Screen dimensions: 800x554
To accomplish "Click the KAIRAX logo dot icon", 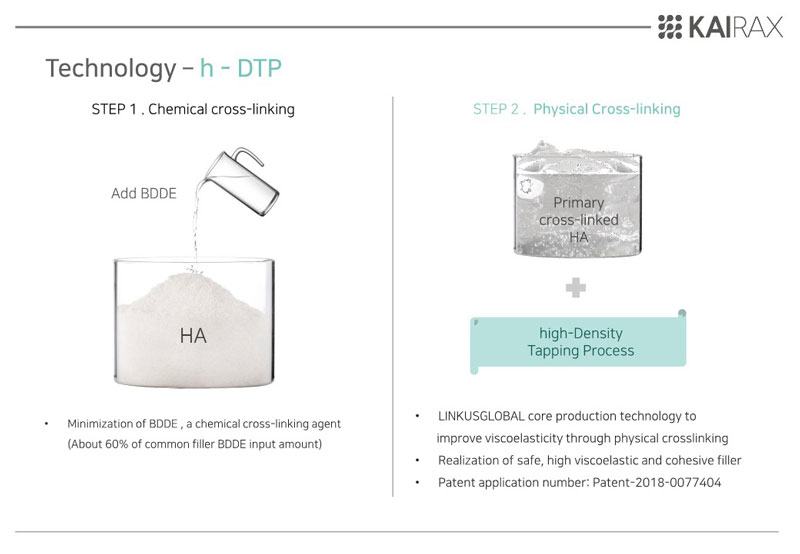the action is click(669, 27).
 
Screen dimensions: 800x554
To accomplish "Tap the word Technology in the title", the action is click(111, 69).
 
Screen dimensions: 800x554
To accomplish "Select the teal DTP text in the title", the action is click(259, 68).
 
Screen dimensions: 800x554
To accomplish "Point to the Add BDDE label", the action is click(144, 193).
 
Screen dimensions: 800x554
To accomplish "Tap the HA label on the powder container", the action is click(193, 336).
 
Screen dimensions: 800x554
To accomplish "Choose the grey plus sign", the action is click(576, 288).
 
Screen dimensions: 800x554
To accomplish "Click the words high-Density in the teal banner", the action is click(581, 333).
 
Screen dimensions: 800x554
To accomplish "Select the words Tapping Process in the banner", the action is click(581, 351).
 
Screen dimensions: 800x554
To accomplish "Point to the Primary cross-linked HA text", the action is click(579, 220).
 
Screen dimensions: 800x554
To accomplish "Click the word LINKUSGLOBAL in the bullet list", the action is click(481, 416).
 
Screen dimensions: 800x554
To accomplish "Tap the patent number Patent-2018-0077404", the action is click(657, 483).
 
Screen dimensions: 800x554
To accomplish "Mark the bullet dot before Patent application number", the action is click(417, 483).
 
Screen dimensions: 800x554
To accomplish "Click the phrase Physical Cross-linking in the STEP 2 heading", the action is click(607, 109).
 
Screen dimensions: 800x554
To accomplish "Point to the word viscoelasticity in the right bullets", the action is click(523, 439).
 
